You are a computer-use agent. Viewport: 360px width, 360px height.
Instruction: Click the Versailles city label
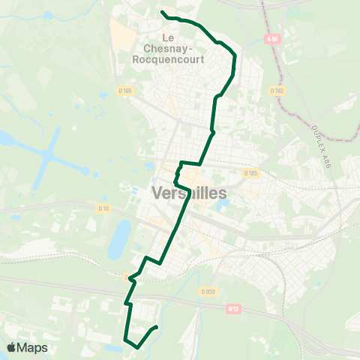[x=189, y=193]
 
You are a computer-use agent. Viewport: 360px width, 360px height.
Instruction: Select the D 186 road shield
[x=125, y=91]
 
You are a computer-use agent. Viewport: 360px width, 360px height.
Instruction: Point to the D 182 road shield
[x=277, y=91]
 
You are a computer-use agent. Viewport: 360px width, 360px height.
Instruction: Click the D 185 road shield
[x=250, y=172]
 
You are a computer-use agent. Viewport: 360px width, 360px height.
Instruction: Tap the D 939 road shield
[x=208, y=291]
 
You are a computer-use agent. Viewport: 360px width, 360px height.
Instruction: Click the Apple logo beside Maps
[x=11, y=347]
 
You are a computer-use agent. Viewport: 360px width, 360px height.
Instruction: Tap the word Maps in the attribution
[x=32, y=347]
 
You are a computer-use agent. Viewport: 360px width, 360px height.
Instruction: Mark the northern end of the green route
[x=162, y=11]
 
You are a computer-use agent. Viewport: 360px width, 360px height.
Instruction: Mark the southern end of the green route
[x=156, y=327]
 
